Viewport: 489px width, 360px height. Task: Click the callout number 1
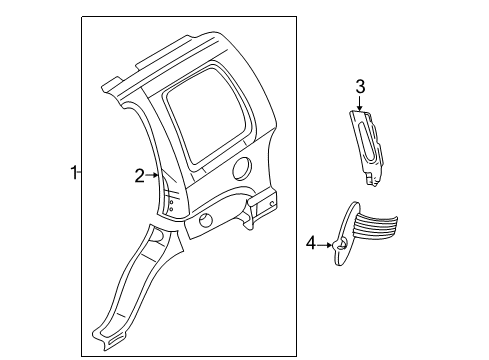tap(73, 172)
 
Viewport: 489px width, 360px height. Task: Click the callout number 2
tap(140, 176)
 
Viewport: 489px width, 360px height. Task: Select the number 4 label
tap(310, 242)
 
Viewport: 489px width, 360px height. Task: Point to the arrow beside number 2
tap(153, 176)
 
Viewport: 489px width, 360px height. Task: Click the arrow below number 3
tap(360, 102)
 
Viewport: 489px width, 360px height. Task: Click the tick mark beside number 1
tap(80, 172)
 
